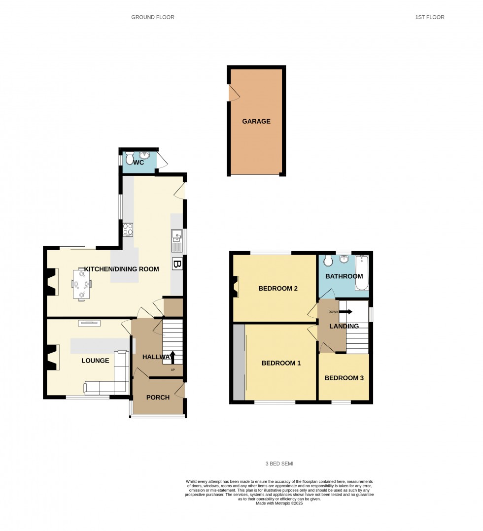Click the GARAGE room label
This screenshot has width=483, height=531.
256,121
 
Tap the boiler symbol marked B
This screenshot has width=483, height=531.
176,264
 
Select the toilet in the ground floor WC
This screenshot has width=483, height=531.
129,158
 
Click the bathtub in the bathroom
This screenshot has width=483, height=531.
362,272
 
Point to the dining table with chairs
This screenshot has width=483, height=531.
82,284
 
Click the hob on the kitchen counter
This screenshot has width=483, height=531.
128,230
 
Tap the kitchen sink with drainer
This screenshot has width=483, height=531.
176,240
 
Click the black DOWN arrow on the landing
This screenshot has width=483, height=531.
345,312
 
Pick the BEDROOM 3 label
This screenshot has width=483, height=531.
344,378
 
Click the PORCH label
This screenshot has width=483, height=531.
158,398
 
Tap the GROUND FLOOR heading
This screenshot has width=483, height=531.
153,17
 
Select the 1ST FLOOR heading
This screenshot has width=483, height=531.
430,17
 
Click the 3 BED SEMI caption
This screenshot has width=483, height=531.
279,464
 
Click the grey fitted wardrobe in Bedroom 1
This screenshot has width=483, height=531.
239,362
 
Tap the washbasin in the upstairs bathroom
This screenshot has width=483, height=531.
344,259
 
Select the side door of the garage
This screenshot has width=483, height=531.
234,93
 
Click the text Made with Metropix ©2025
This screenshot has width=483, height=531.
279,503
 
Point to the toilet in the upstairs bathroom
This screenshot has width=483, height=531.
328,261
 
